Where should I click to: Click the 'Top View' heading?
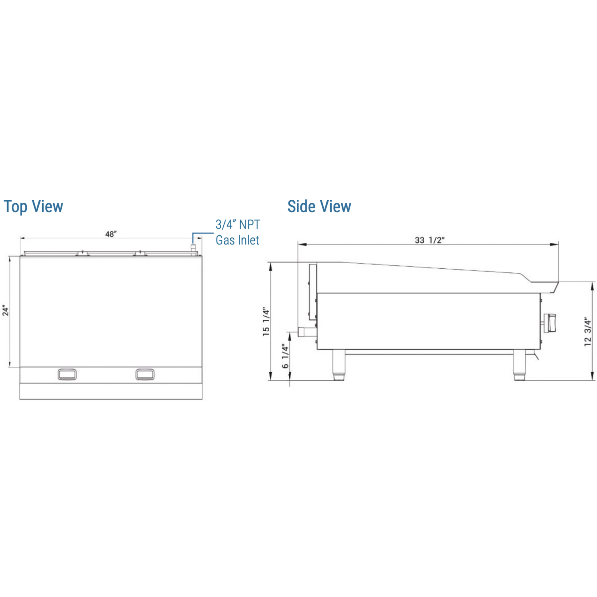[33, 207]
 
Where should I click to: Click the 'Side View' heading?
[319, 206]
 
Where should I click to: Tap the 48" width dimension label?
[111, 234]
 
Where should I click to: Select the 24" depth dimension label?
[6, 311]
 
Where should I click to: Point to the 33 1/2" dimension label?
[429, 240]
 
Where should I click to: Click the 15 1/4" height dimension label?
[266, 322]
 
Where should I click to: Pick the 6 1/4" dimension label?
[285, 356]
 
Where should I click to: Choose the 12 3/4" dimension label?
[587, 332]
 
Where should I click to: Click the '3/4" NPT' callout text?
[238, 225]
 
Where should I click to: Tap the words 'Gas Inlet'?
[237, 240]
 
